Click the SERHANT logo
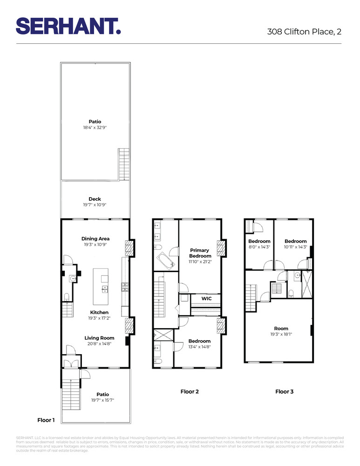[68, 26]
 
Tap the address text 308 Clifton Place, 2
[304, 32]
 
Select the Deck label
[95, 199]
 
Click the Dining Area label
[95, 239]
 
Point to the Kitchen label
[99, 312]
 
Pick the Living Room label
[99, 338]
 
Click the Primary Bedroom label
[200, 253]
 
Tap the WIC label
[207, 298]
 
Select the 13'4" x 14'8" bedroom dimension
[200, 347]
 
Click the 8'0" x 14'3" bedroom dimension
[259, 247]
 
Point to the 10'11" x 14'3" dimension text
[295, 247]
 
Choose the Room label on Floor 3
[281, 328]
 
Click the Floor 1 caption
[46, 420]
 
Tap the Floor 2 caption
[190, 391]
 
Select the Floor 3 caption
[284, 391]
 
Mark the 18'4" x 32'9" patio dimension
[95, 127]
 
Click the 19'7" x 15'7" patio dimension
[103, 400]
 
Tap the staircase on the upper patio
[124, 164]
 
